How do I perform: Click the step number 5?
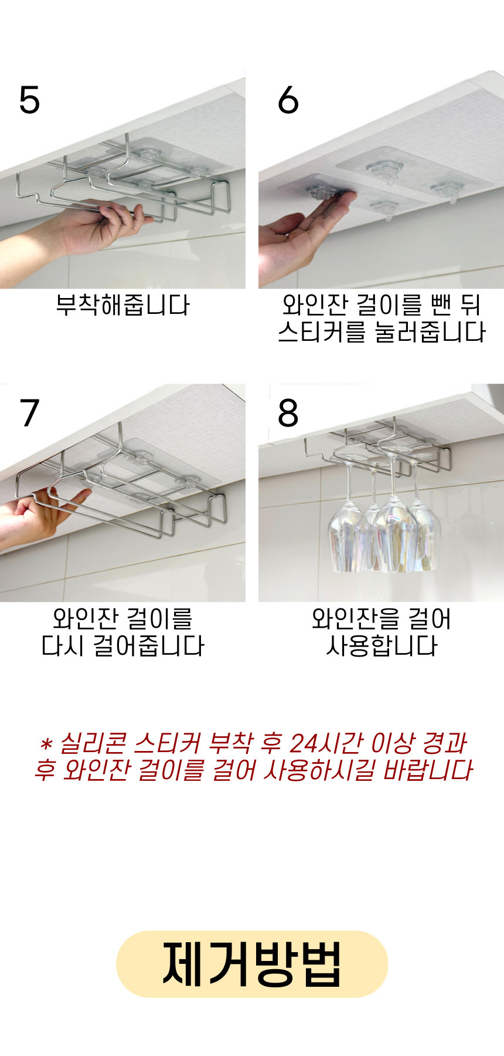[29, 100]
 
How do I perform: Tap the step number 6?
[288, 100]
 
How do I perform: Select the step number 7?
[29, 413]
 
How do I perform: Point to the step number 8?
[288, 413]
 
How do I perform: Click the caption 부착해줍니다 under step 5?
[123, 305]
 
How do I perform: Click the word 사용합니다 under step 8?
[382, 646]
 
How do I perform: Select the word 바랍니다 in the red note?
[428, 770]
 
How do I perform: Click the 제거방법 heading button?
[252, 964]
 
